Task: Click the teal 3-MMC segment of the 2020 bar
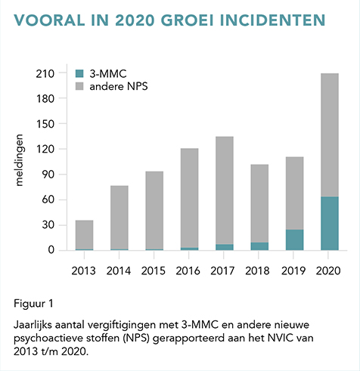330,224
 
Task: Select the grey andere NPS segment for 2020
330,135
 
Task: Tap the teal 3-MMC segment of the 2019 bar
294,240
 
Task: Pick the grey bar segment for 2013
84,235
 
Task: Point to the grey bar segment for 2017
225,190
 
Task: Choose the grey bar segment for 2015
154,210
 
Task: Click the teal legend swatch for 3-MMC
79,74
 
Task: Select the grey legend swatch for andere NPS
79,86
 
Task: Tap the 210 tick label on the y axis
45,74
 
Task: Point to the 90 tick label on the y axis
48,175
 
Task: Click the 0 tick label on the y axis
51,250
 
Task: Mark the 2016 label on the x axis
188,271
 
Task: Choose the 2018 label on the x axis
257,271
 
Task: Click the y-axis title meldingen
19,160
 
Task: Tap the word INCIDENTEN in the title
273,20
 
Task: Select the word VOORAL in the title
49,20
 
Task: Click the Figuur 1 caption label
33,304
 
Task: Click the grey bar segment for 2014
119,218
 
